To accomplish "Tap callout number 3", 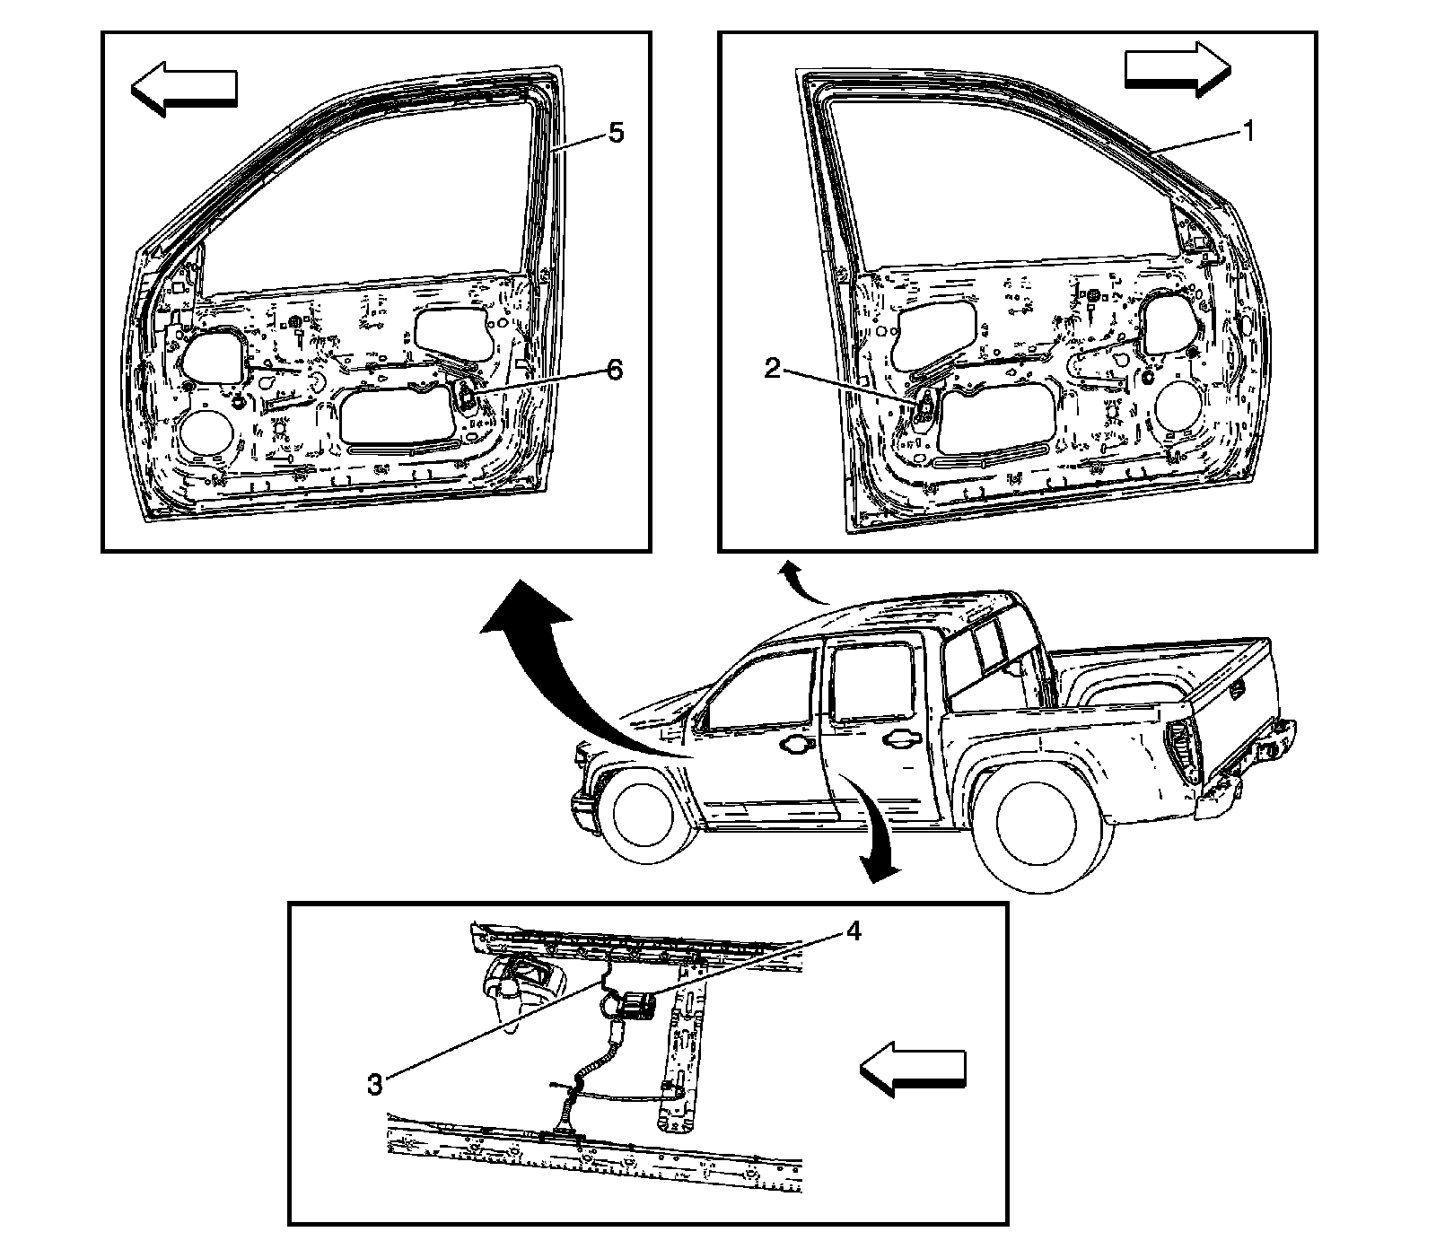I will [375, 1083].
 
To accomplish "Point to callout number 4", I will [853, 932].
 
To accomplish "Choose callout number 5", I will [615, 133].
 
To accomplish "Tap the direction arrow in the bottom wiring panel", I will [913, 1067].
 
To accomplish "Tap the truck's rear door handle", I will [900, 738].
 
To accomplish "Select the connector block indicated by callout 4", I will [639, 1005].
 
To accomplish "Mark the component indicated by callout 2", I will [924, 406].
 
